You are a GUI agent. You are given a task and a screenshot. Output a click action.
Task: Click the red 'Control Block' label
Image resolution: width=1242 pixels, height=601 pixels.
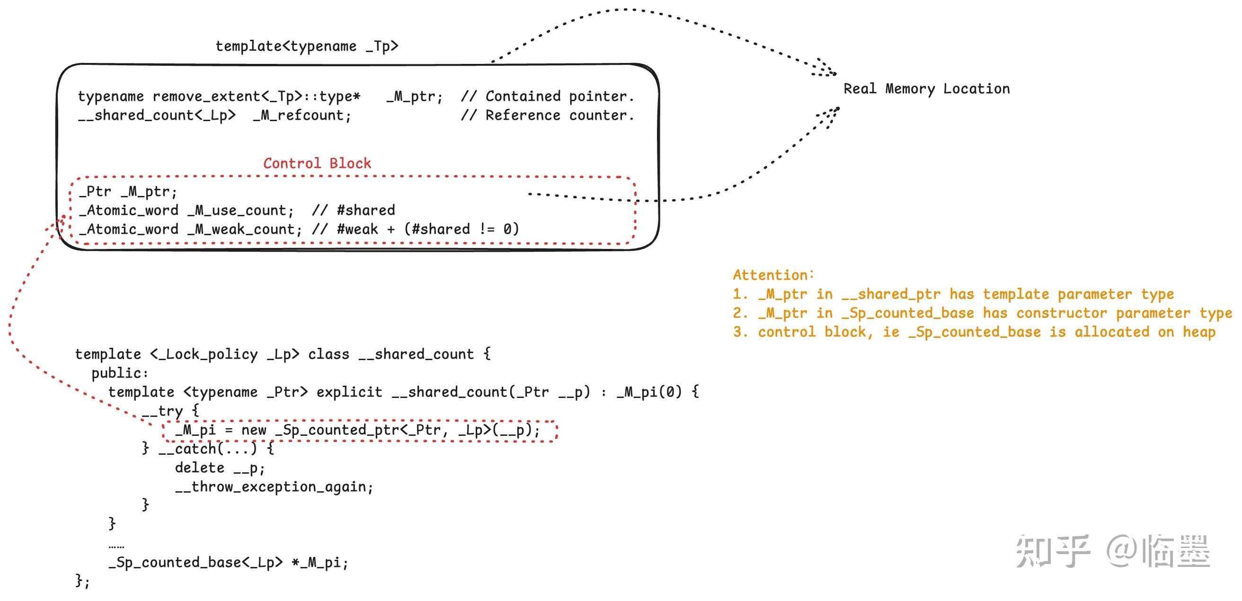click(x=317, y=163)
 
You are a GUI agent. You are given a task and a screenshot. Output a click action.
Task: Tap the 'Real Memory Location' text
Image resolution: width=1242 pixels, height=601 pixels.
click(x=926, y=89)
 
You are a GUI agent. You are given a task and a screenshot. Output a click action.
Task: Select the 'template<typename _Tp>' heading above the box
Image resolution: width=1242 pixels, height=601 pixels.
click(x=307, y=46)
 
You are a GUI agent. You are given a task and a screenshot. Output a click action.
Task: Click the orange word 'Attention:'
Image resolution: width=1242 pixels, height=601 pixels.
click(x=773, y=275)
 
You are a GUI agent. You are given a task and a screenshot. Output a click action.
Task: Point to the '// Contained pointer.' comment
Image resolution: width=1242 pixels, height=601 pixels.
click(x=547, y=97)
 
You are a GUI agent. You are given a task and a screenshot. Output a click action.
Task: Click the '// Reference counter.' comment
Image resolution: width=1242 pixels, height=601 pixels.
click(x=547, y=115)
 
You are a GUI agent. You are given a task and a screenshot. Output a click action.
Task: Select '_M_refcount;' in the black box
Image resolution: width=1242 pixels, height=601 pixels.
click(x=302, y=115)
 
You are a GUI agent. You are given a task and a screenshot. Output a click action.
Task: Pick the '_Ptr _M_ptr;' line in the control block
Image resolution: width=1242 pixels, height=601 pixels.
click(x=128, y=192)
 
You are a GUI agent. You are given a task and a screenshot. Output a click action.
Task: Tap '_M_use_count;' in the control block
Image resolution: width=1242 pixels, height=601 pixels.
click(x=240, y=211)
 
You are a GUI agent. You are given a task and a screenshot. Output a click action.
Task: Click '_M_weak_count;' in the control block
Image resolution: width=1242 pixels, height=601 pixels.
click(x=244, y=230)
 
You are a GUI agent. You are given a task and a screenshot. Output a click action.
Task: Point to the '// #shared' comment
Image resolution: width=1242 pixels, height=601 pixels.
click(x=354, y=211)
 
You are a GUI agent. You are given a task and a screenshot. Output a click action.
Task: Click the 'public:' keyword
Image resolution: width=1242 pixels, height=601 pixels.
click(x=120, y=373)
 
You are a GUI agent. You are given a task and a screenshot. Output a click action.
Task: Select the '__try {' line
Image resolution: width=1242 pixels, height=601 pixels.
click(x=170, y=411)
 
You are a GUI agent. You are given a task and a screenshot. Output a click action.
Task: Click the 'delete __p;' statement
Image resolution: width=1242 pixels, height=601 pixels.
click(x=220, y=468)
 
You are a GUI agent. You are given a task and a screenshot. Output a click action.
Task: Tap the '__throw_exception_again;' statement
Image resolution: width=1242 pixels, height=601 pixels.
click(x=274, y=487)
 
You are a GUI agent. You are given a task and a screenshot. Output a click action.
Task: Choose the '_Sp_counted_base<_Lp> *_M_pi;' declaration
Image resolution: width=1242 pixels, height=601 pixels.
click(x=228, y=563)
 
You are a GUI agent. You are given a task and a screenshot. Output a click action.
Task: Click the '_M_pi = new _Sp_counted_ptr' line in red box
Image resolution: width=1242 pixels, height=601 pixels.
click(x=358, y=430)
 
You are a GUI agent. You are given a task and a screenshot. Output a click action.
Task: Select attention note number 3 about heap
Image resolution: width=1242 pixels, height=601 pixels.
click(x=974, y=332)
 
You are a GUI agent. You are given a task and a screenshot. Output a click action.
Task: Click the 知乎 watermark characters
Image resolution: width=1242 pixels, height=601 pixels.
click(x=1052, y=551)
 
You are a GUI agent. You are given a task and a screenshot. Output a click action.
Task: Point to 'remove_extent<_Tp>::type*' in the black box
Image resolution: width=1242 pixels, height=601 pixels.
click(x=256, y=97)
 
